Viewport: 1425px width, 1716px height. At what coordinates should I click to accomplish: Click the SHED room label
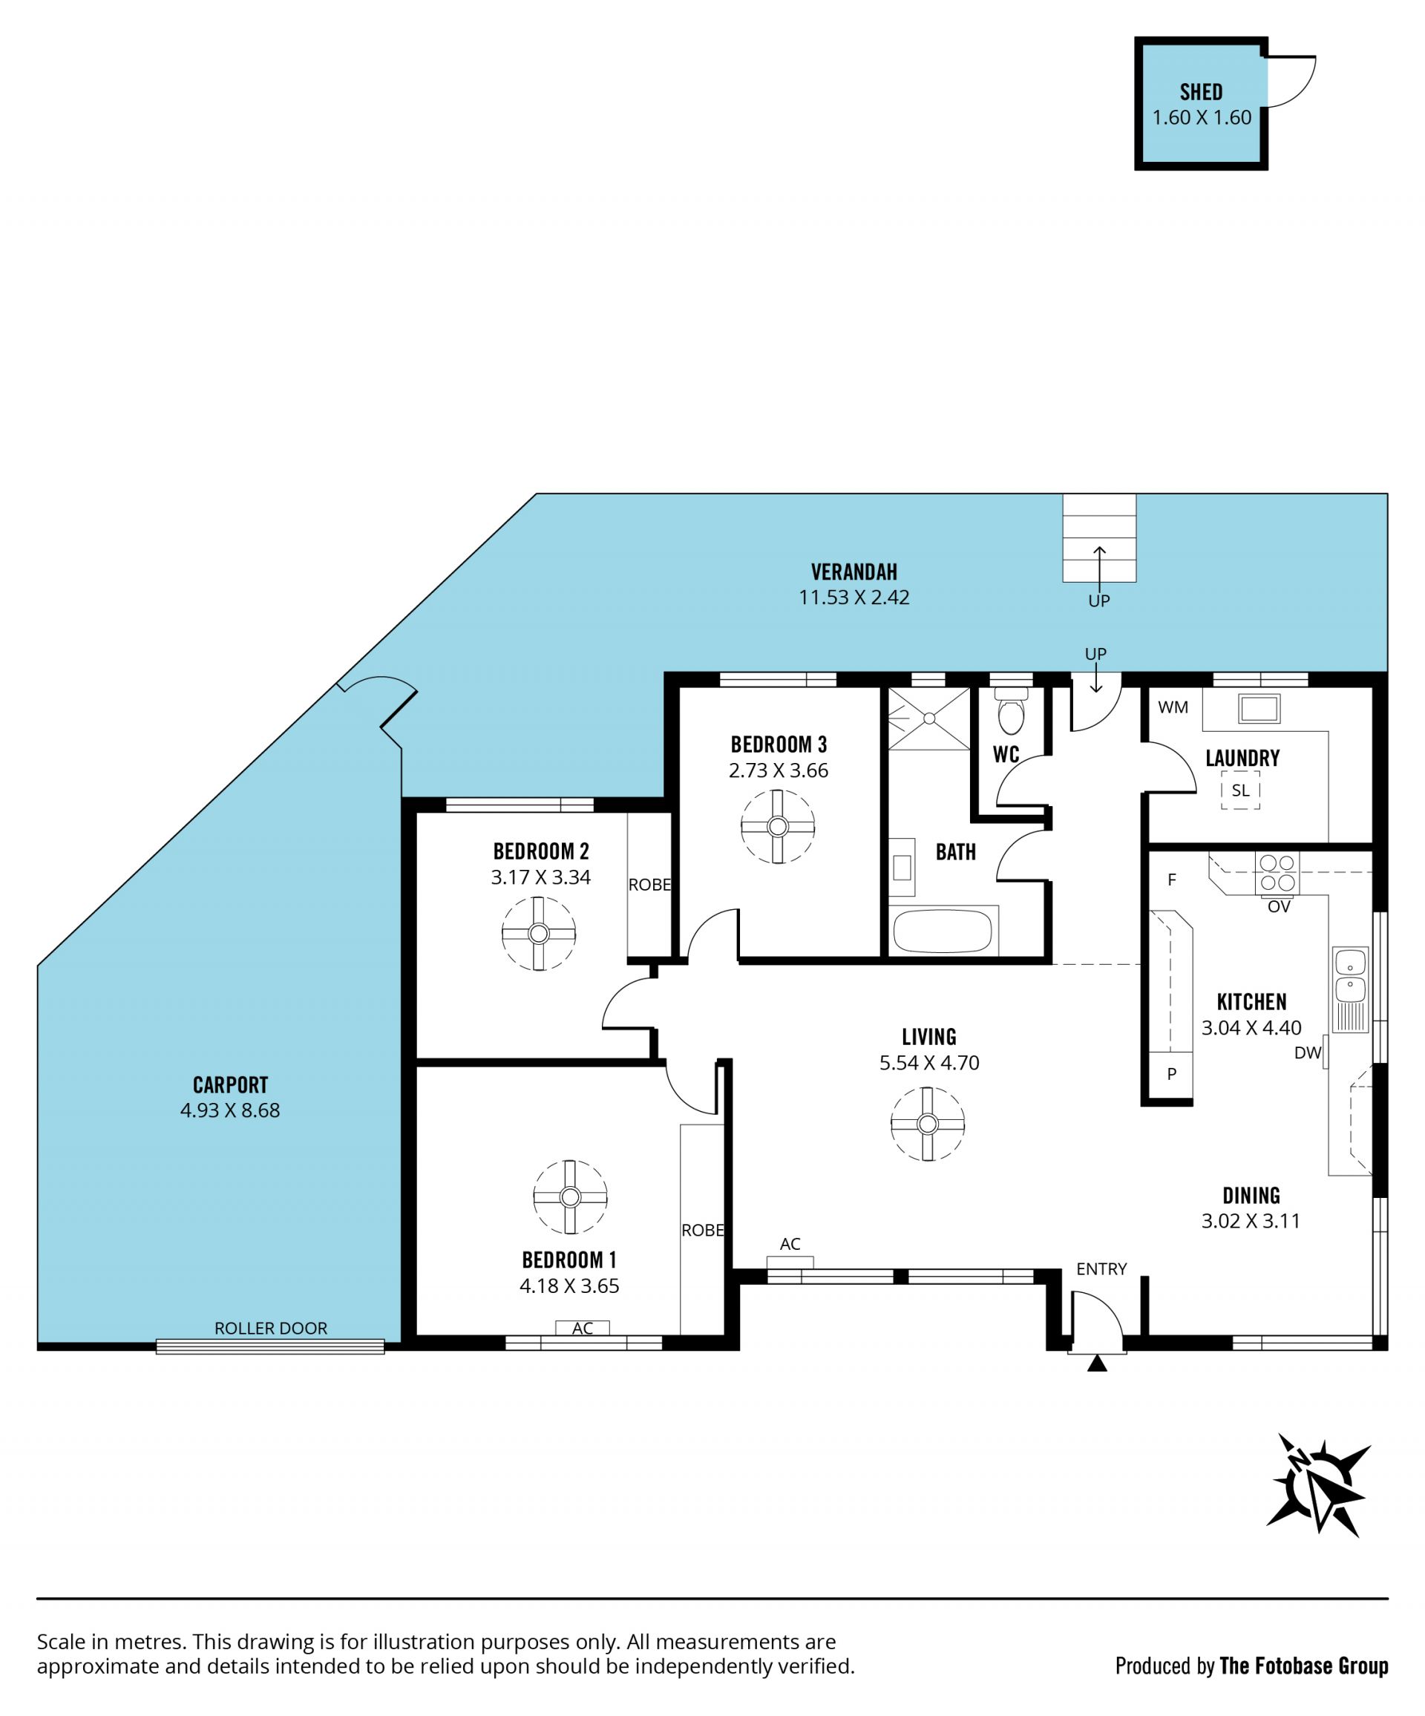(x=1201, y=91)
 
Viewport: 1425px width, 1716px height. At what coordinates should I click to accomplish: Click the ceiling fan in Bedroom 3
(x=778, y=826)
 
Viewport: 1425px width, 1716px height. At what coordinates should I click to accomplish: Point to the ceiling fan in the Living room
(x=928, y=1124)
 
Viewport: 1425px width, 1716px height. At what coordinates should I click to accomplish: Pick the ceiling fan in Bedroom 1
(x=570, y=1197)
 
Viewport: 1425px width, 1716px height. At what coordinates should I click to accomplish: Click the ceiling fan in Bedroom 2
(x=539, y=933)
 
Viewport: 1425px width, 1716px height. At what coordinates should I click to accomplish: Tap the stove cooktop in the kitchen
(x=1278, y=873)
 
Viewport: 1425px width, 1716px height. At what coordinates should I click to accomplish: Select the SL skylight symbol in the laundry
(x=1240, y=790)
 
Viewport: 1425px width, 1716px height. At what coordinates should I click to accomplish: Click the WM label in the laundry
(x=1173, y=707)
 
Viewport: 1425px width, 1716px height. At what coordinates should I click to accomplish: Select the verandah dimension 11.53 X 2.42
(x=854, y=597)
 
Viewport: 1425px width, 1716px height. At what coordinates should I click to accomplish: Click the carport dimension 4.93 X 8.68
(x=230, y=1110)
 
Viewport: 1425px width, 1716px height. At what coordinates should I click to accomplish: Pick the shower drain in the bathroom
(x=929, y=718)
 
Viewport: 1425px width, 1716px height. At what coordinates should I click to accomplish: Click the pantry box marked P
(x=1172, y=1075)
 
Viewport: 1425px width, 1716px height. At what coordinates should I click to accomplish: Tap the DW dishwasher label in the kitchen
(x=1307, y=1053)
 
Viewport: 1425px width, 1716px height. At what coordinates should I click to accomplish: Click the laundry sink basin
(x=1259, y=709)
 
